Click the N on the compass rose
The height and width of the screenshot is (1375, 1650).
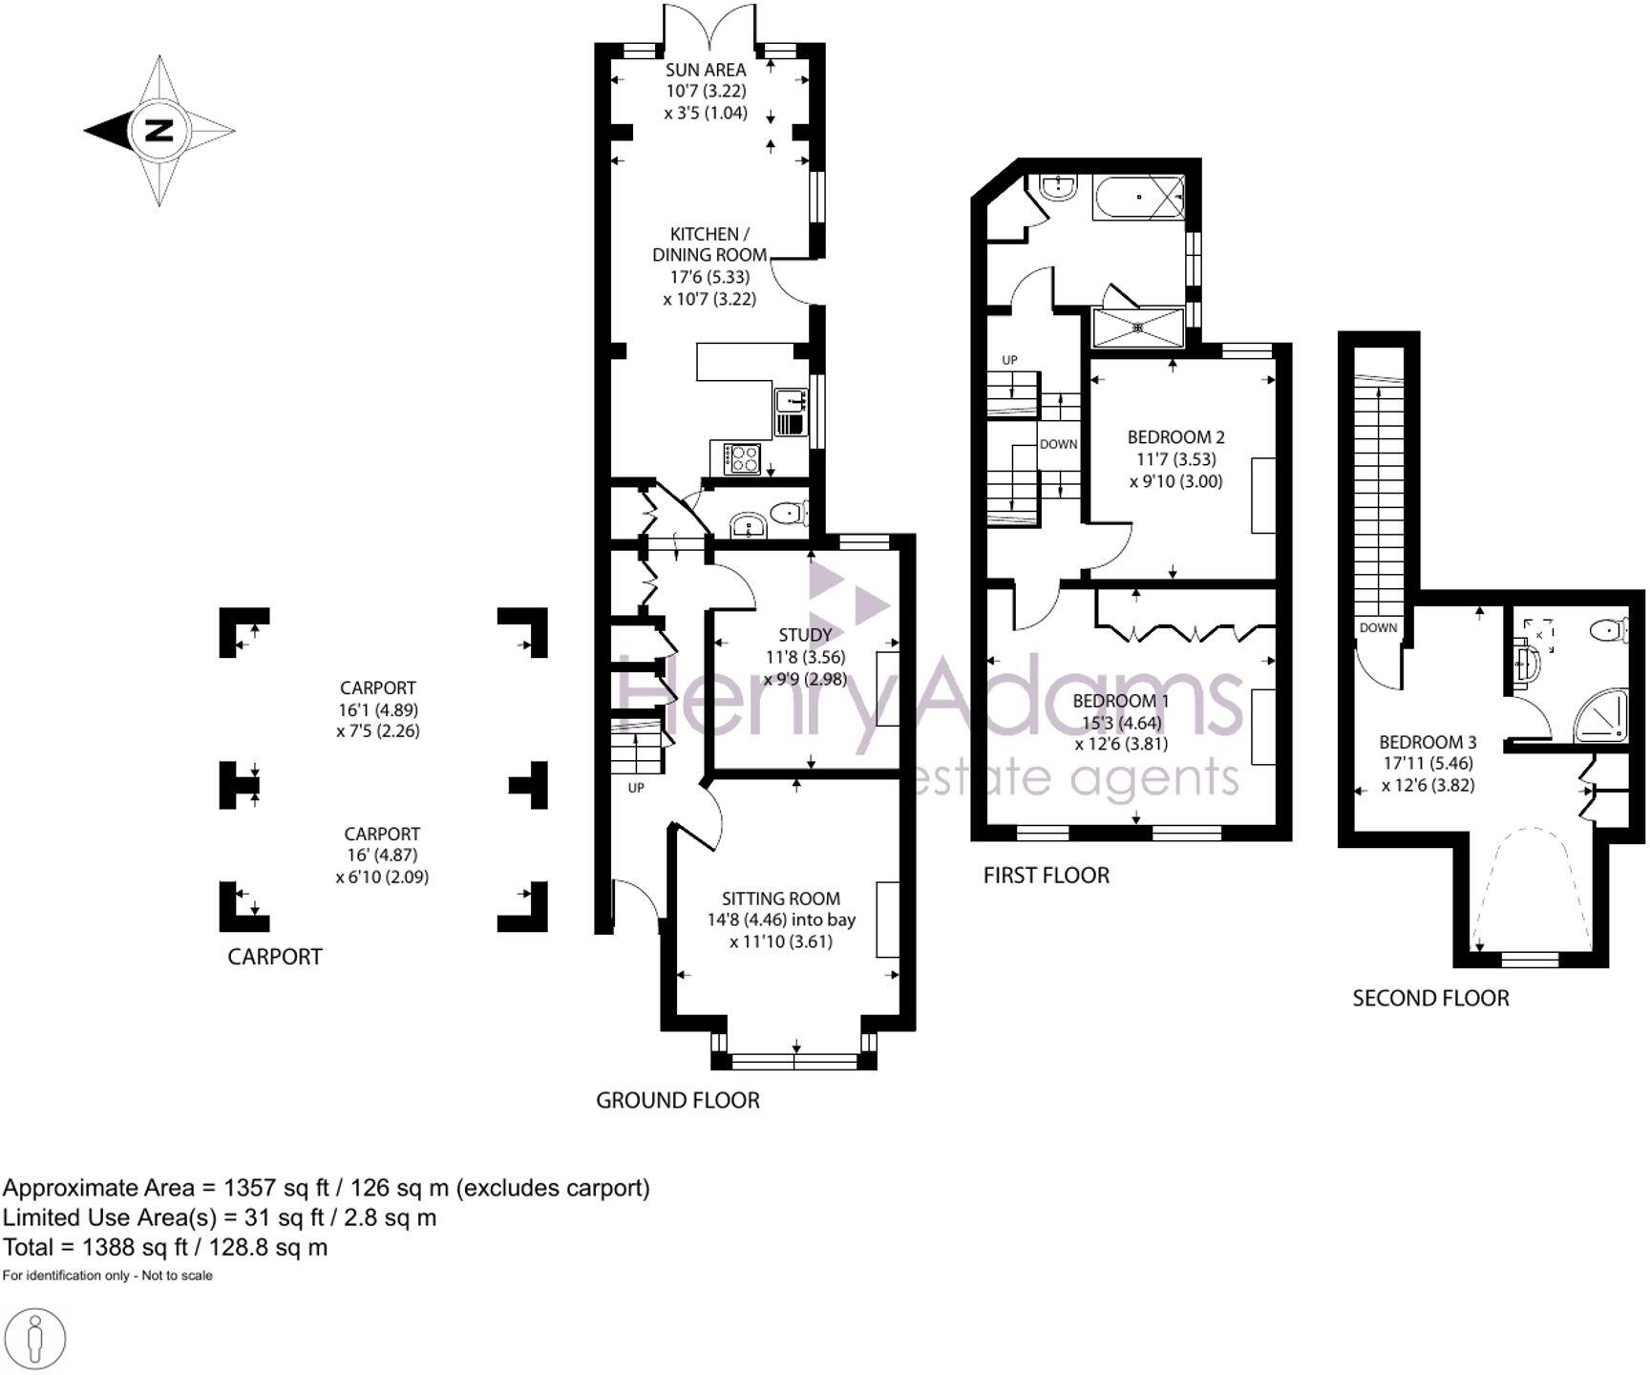coord(159,130)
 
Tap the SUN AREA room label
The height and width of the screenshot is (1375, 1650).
coord(706,70)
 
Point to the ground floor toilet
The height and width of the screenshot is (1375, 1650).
coord(788,514)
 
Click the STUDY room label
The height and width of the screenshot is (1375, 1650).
coord(805,635)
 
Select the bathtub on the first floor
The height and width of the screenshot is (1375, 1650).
coord(1139,197)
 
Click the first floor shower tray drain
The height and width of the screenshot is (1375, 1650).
coord(1138,328)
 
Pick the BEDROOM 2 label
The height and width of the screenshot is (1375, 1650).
coord(1175,437)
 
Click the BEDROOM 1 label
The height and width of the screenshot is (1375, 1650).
coord(1120,701)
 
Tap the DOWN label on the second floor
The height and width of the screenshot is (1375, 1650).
coord(1378,628)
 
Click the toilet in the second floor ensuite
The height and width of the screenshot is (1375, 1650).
coord(1610,629)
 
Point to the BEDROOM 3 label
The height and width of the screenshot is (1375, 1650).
coord(1428,742)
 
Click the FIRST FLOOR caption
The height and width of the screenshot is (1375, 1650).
coord(1046,876)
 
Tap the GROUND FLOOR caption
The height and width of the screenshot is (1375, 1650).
coord(678,1100)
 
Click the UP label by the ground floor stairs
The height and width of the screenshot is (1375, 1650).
coord(636,788)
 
